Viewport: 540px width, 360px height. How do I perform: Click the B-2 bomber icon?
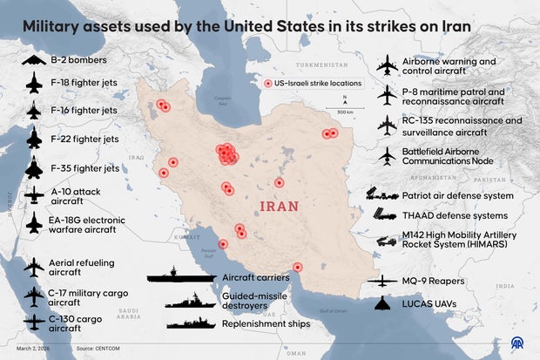[34, 60]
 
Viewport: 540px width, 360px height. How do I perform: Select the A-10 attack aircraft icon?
[34, 194]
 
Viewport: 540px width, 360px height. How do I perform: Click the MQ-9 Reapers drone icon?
[388, 281]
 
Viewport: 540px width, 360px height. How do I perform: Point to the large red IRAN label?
[280, 207]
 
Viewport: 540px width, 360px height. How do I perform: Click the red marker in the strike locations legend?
[268, 83]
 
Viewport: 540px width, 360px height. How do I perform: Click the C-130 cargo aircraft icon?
[34, 322]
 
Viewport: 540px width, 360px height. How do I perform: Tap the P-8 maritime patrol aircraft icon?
[388, 95]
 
